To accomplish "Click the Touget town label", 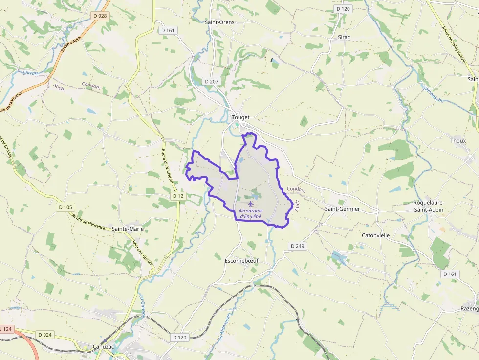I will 241,117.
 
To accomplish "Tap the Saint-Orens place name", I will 219,22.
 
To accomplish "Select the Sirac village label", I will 344,37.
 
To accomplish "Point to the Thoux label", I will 458,141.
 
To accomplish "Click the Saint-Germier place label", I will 342,209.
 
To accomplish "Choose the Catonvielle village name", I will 375,235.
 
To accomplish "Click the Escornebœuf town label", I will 241,261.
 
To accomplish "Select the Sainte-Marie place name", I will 127,228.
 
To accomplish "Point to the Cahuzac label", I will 104,347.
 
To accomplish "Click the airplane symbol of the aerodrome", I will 251,203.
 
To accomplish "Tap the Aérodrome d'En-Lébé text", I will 250,213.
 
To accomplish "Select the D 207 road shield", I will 212,81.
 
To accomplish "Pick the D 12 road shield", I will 178,196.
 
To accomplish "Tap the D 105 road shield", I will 65,207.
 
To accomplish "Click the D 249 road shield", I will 297,246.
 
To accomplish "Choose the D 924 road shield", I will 44,335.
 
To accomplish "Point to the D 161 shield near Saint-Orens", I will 168,30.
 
